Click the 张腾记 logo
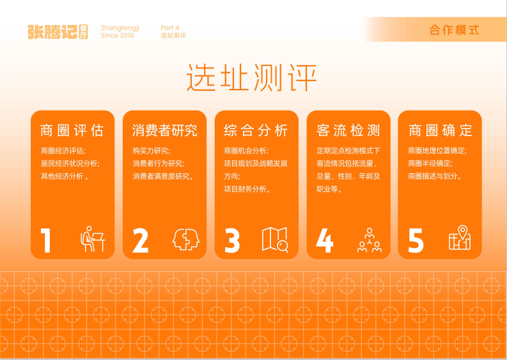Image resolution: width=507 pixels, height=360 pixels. pos(58,31)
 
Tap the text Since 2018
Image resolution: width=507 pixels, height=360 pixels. pos(118,36)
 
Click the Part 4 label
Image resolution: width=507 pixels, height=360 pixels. pos(170,27)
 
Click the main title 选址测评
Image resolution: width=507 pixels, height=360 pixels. pos(252,78)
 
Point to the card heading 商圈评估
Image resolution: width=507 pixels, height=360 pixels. pos(72,131)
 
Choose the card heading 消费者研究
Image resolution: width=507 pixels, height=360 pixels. pos(164,131)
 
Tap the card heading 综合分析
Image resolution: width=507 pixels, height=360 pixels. pos(256,131)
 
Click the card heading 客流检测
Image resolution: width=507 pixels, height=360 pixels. pos(348,131)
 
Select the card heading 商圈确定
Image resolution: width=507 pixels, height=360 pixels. pos(441,131)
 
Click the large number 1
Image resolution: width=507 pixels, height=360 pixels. pos(46,240)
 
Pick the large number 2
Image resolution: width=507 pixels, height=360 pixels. pos(140,240)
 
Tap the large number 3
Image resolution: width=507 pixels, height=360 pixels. pos(232,240)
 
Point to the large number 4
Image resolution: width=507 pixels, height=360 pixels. pos(324,240)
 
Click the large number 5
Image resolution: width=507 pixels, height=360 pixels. pos(416,240)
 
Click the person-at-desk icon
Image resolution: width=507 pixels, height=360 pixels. pos(92,239)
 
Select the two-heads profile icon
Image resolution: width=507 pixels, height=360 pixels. pos(186,239)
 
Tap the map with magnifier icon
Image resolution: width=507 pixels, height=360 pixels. pos(276,239)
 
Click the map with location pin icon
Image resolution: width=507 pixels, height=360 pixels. pos(460,238)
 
